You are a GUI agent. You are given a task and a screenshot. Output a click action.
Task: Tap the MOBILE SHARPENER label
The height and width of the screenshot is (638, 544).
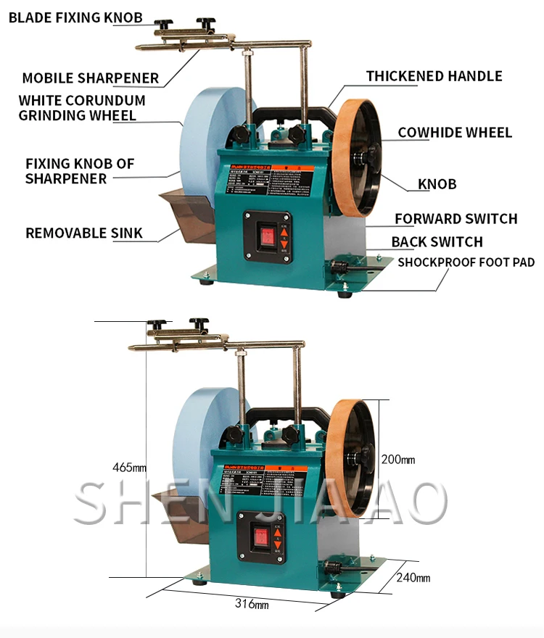[x=90, y=78]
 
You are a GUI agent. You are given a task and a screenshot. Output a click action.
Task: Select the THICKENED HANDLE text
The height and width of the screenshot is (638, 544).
[x=434, y=76]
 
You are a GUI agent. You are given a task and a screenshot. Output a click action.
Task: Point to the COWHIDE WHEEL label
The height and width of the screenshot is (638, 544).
[x=455, y=133]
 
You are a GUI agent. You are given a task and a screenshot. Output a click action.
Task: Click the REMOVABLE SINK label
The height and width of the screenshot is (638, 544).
[x=84, y=233]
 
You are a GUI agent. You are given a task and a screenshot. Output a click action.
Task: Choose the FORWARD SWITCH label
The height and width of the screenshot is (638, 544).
[x=456, y=219]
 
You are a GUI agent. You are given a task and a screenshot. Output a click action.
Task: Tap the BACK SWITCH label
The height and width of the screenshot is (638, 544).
[x=437, y=242]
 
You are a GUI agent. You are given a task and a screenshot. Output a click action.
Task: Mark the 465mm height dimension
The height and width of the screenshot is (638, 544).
[x=133, y=467]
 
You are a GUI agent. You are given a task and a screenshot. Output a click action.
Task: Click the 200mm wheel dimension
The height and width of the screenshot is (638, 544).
[x=397, y=460]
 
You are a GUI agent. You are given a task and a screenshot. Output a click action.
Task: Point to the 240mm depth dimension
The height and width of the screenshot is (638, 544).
[x=413, y=578]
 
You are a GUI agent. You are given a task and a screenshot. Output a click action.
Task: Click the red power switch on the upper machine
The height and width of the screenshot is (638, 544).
[x=267, y=235]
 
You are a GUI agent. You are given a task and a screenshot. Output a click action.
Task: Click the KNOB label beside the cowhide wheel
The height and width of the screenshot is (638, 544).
[x=437, y=184]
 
